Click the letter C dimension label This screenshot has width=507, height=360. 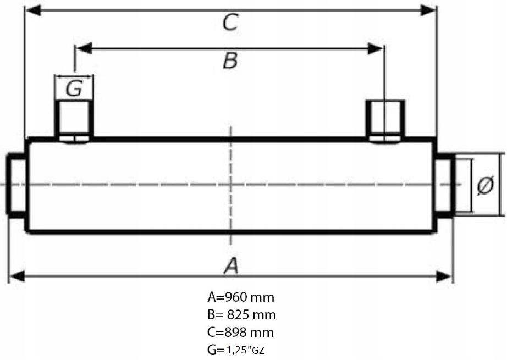pos(230,24)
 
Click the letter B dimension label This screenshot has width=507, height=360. pos(230,61)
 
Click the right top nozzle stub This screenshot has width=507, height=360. pos(386,120)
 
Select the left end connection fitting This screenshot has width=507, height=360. pos(16,185)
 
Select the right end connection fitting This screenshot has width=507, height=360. pos(444,185)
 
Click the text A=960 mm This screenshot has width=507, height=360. pos(240,297)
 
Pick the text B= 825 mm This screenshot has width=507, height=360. pos(241,315)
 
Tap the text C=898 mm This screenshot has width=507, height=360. pos(240,333)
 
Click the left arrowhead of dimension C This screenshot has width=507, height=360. pos(33,10)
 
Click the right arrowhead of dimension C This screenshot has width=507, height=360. pos(428,10)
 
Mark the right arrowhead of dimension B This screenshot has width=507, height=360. pos(376,48)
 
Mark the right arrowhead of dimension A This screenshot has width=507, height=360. pos(444,275)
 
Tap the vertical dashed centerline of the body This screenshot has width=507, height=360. pos(232,165)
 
